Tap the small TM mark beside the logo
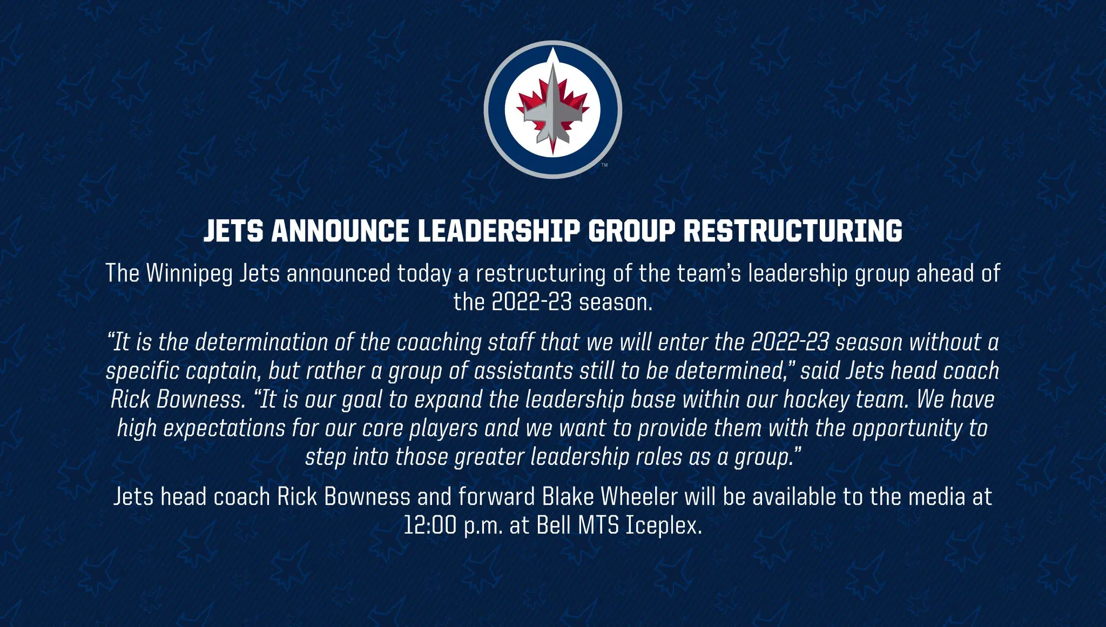pyautogui.click(x=604, y=165)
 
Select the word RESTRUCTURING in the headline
pyautogui.click(x=793, y=231)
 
